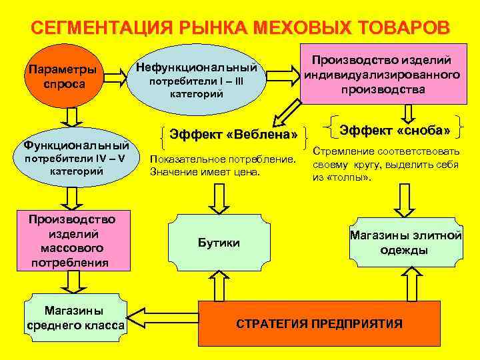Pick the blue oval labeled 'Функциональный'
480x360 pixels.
pos(75,157)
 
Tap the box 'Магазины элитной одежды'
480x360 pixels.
pos(405,242)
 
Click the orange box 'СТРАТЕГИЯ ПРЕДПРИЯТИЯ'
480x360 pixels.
pos(319,324)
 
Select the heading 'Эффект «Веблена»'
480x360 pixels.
pos(234,135)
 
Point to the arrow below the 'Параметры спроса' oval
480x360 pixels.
pos(69,118)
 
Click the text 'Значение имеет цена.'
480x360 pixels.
pos(205,172)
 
